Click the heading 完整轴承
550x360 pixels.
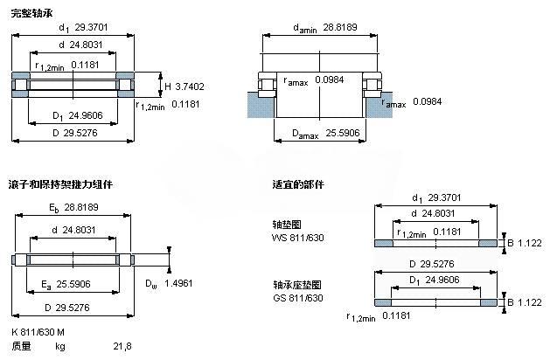[31, 13]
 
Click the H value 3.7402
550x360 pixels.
[190, 87]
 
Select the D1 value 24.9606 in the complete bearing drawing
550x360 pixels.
[86, 115]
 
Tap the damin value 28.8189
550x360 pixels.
[340, 27]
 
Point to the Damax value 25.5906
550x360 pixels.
[343, 133]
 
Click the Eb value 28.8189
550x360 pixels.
[81, 207]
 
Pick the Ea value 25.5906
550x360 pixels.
[73, 284]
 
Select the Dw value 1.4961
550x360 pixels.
[178, 283]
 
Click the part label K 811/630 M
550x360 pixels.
[38, 332]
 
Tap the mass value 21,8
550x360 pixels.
[122, 346]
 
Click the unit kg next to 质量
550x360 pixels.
[60, 347]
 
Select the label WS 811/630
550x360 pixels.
[298, 238]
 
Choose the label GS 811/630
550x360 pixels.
[298, 298]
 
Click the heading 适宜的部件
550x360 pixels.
[298, 184]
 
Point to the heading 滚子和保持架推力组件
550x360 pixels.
[60, 184]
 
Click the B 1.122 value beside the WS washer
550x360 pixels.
[525, 243]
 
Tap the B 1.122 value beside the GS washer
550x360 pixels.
[525, 302]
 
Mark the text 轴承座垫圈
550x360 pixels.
[297, 285]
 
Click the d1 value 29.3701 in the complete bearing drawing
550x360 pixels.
[91, 27]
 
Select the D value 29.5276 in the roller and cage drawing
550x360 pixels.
[73, 308]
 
